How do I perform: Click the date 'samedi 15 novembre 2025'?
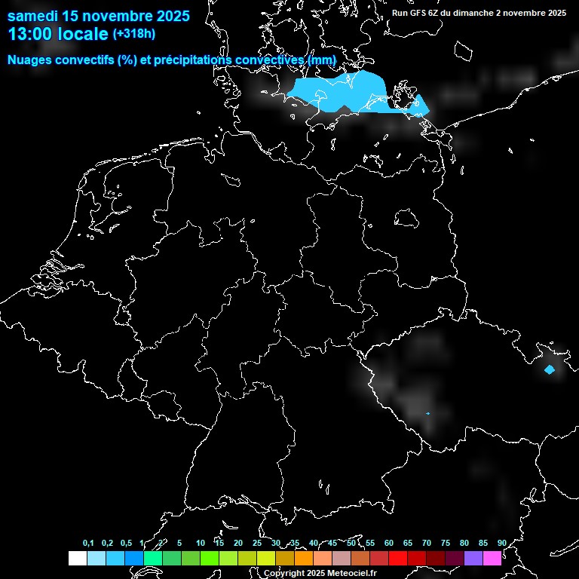click(x=98, y=15)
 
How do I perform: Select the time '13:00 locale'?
click(x=58, y=34)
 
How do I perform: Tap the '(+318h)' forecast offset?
click(x=134, y=34)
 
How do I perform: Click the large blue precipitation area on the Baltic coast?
click(x=354, y=92)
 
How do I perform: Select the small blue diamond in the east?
click(x=550, y=369)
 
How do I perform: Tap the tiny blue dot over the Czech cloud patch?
click(x=427, y=414)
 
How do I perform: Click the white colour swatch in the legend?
click(x=78, y=559)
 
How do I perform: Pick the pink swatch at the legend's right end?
click(x=492, y=559)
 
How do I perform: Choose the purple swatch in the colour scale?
click(x=473, y=559)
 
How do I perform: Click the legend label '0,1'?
click(x=88, y=544)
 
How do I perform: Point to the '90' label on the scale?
click(x=501, y=544)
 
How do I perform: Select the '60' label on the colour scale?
click(x=388, y=544)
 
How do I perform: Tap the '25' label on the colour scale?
click(x=256, y=544)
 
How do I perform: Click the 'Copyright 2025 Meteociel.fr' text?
click(x=320, y=573)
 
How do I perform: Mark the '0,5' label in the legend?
click(x=126, y=544)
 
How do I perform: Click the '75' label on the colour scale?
click(x=445, y=544)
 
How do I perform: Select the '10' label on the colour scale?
click(x=200, y=544)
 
